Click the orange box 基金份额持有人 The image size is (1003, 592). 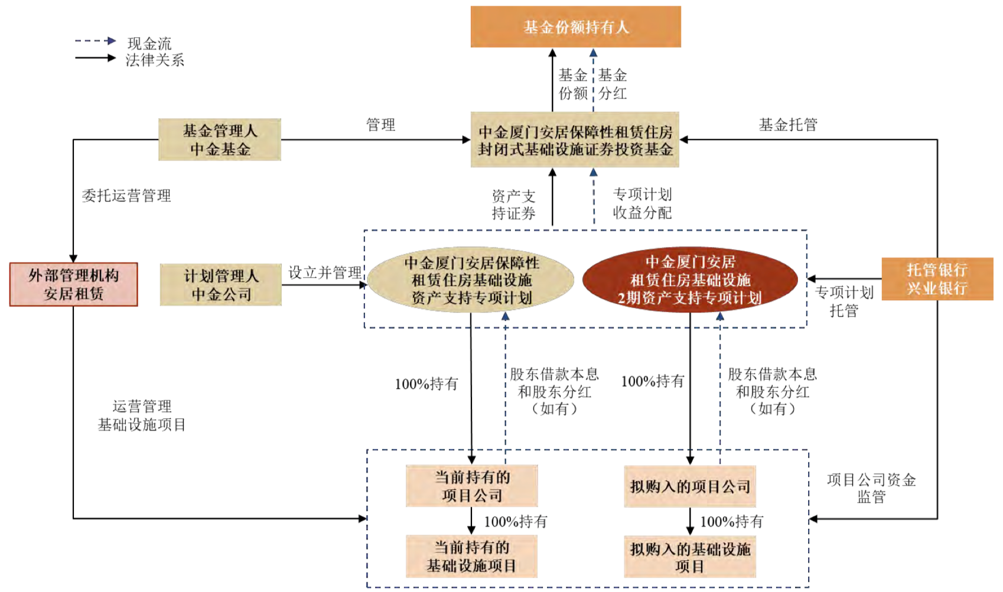[x=575, y=27]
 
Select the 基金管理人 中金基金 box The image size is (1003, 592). [x=220, y=139]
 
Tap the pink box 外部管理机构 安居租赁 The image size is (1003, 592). [x=74, y=284]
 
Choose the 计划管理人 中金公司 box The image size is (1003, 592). [x=221, y=285]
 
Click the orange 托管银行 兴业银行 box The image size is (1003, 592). [x=937, y=279]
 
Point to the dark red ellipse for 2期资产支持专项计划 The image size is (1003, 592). [x=690, y=280]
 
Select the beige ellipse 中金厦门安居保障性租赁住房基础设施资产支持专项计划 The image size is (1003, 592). [x=471, y=280]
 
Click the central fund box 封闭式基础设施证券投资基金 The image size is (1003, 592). [x=575, y=140]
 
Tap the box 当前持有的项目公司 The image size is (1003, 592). [x=471, y=486]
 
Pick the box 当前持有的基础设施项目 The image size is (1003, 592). [x=471, y=556]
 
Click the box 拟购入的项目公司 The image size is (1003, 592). [x=690, y=486]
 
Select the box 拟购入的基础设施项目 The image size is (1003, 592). [x=690, y=557]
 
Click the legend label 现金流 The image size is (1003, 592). [x=149, y=43]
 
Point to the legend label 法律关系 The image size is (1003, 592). [x=155, y=60]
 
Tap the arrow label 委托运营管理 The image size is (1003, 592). [x=126, y=196]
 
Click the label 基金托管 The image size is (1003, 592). [x=788, y=125]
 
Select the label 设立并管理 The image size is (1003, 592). [x=325, y=272]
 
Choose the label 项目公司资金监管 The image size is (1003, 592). [x=871, y=488]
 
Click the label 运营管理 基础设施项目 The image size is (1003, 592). [x=142, y=415]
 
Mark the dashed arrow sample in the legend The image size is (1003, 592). [x=95, y=41]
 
